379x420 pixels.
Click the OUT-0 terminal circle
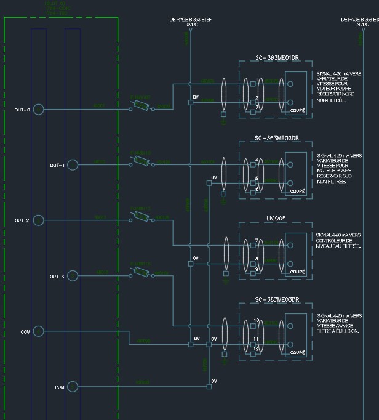(x=38, y=109)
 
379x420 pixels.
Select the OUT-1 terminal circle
(x=73, y=164)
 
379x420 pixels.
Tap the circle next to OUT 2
(x=38, y=220)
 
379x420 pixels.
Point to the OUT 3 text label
(x=57, y=277)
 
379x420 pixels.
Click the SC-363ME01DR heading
(x=277, y=59)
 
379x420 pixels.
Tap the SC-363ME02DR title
(x=277, y=138)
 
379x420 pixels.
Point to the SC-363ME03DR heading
(x=277, y=300)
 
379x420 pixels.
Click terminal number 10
(x=256, y=321)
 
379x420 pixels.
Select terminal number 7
(x=256, y=241)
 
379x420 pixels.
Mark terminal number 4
(x=256, y=160)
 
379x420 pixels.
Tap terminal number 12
(x=256, y=349)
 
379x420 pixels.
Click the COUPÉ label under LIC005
(x=297, y=272)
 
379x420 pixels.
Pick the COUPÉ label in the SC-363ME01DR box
(x=297, y=110)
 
